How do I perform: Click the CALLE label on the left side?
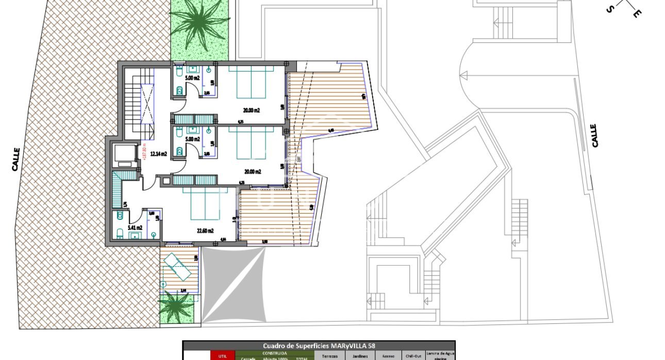(x=16, y=159)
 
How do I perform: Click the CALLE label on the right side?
(x=595, y=135)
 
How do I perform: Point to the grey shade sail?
(x=234, y=285)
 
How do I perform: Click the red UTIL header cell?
(x=222, y=355)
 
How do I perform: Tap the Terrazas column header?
(x=330, y=356)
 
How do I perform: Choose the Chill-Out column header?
(x=413, y=356)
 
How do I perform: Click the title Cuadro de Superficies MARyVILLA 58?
(x=319, y=346)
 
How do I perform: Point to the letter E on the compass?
(x=637, y=14)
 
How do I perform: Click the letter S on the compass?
(x=610, y=9)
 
